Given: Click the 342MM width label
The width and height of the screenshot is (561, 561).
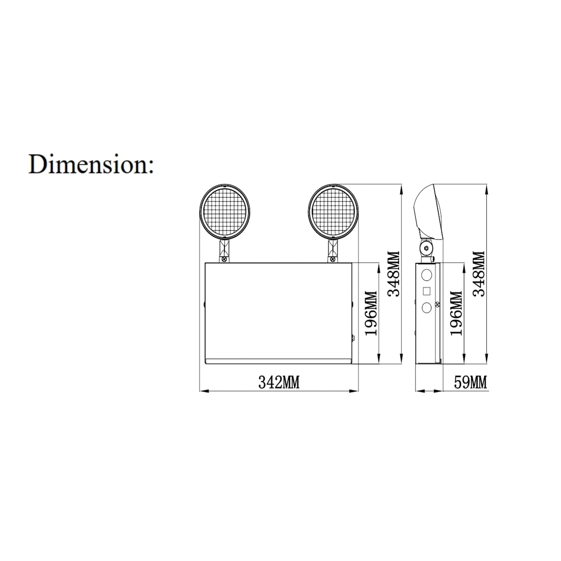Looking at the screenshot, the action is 279,382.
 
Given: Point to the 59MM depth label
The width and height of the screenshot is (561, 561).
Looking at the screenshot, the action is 471,382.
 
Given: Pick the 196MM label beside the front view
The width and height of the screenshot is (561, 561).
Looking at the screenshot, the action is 371,313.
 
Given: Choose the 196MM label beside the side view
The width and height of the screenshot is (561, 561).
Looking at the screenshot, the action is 456,313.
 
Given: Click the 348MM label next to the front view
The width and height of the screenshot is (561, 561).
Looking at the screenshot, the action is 393,274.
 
